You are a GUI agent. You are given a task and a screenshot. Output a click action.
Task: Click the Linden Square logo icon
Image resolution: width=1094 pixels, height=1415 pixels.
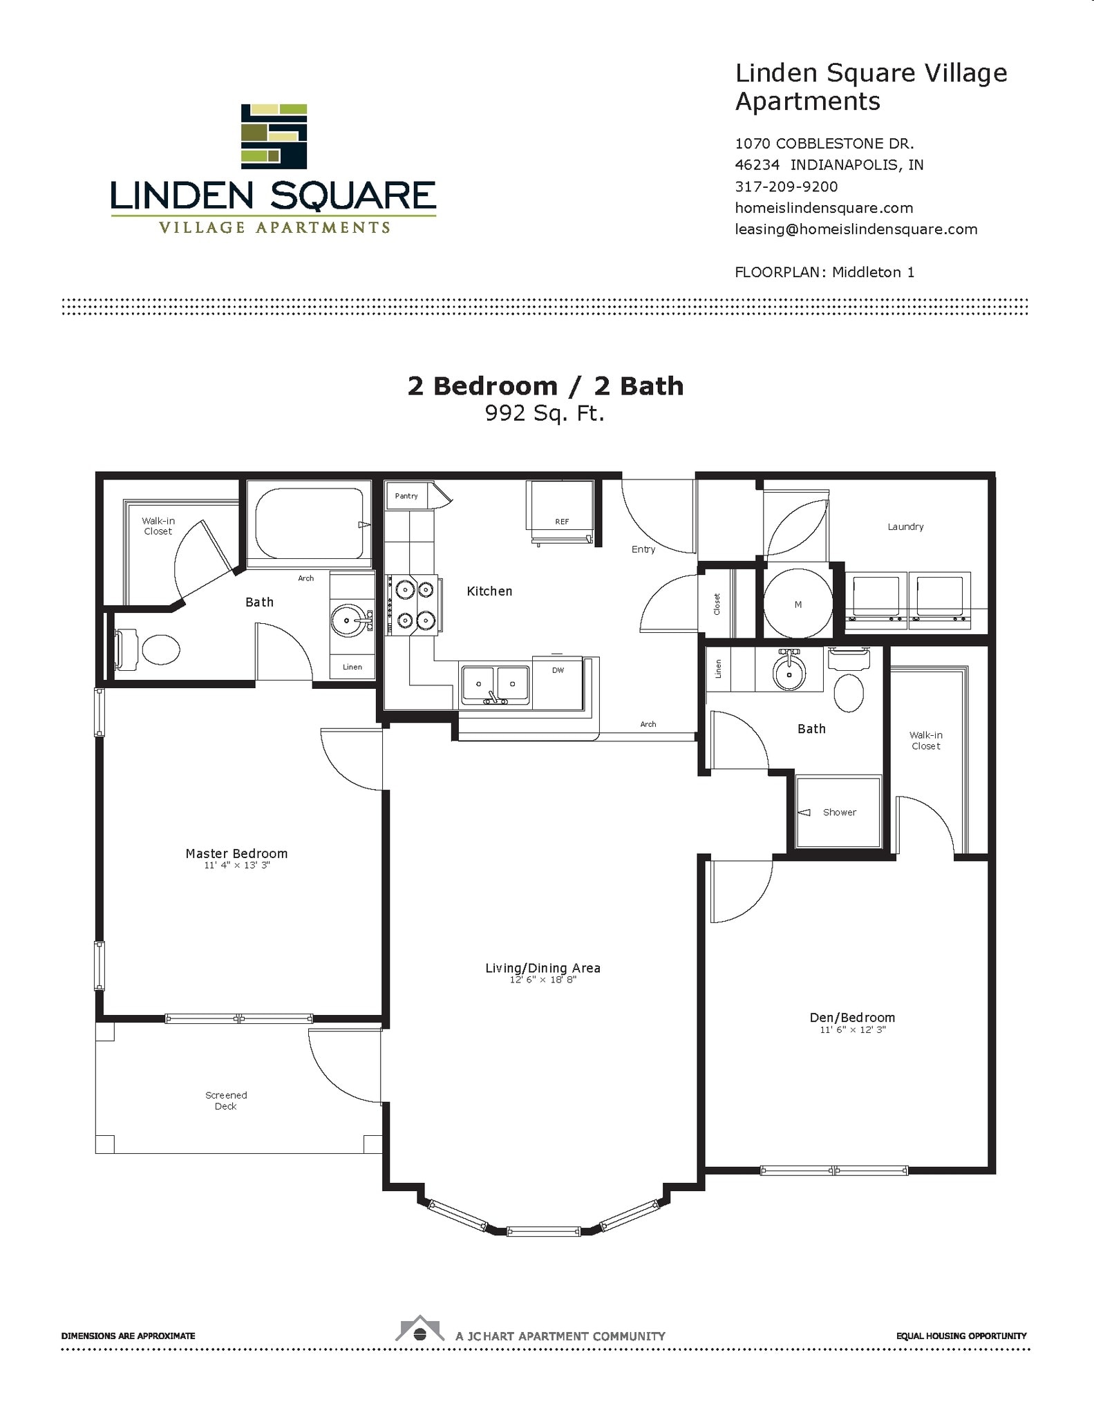pos(274,136)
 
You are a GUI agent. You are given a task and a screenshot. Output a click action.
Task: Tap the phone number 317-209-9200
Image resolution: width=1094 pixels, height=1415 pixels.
pos(786,187)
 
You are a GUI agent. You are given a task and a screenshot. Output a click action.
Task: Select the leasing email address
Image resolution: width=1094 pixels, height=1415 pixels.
pos(856,229)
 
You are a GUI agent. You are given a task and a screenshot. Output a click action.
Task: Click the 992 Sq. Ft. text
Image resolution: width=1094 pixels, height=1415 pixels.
pos(545,413)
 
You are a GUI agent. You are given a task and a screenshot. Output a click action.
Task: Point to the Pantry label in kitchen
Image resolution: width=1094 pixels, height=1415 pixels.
pos(406,496)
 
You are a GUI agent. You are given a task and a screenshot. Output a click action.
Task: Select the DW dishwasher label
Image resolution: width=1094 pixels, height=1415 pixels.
pos(558,670)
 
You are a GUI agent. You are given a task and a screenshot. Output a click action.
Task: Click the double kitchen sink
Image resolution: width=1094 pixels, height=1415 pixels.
pos(496,685)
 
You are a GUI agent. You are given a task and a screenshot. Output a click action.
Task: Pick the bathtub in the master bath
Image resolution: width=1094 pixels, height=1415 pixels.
pos(309,523)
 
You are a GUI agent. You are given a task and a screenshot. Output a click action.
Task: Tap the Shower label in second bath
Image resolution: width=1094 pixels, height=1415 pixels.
pos(839,813)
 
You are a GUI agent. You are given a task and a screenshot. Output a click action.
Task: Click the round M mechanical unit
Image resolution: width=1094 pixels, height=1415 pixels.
pos(798,603)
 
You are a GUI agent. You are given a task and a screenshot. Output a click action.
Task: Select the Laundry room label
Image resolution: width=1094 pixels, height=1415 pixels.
pos(905,526)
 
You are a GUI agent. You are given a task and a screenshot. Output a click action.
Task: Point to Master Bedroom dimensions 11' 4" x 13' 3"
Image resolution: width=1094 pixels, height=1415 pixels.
pos(236,865)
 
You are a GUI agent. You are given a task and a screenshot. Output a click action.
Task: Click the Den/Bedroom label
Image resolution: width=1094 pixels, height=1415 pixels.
pos(852,1017)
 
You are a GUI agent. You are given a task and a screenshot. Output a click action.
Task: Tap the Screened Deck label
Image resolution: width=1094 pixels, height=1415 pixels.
pos(226,1100)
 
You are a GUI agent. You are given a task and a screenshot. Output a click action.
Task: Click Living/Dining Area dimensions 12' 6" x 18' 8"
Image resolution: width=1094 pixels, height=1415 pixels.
pos(543,980)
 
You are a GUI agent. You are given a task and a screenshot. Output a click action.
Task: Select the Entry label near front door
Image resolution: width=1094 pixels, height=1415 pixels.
pos(643,549)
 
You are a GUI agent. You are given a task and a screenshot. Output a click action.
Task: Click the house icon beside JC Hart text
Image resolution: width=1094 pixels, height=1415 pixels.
pos(419,1330)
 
